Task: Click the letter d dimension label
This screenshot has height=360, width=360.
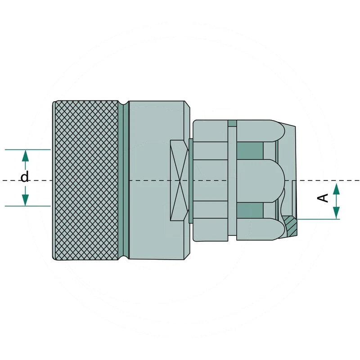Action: pos(25,177)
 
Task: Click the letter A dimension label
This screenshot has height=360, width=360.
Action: pos(323,198)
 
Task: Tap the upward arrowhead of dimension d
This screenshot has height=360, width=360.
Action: pos(25,155)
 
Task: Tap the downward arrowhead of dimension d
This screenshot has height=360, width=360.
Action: pos(25,200)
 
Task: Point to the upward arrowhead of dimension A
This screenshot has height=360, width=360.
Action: pos(336,189)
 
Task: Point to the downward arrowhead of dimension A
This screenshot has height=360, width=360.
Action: pos(336,213)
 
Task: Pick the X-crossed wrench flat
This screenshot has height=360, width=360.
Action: pos(179,180)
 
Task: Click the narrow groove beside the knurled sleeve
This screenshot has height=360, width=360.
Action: pos(126,180)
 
